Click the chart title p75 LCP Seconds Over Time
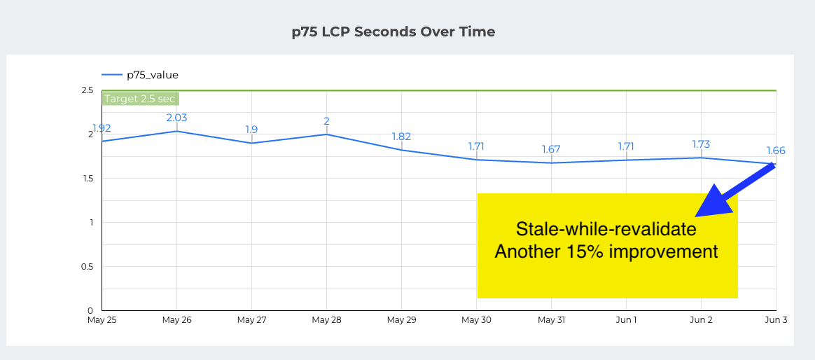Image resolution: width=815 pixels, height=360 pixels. (393, 32)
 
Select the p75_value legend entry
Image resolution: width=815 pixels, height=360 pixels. (152, 74)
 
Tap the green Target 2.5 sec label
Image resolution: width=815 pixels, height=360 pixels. (139, 99)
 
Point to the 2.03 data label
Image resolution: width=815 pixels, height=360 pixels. (176, 118)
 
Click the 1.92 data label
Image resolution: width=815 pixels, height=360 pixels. (102, 128)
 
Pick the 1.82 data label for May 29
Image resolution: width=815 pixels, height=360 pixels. (401, 137)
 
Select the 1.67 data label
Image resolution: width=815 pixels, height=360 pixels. (551, 149)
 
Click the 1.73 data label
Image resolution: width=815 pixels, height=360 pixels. (700, 144)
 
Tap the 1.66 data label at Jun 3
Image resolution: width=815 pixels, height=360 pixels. (775, 151)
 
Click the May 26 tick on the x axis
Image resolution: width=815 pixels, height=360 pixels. (176, 320)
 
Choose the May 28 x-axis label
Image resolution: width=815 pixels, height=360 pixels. (326, 320)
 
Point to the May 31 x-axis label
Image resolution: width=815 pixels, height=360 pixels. (551, 320)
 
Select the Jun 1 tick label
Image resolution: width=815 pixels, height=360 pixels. (626, 320)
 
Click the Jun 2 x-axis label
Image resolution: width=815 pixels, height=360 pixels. (700, 320)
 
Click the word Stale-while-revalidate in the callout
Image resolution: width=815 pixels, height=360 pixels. (606, 229)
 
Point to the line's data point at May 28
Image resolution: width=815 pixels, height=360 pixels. (326, 134)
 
